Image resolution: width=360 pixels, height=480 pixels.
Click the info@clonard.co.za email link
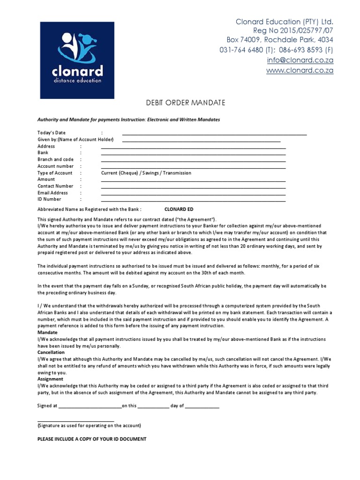[x=300, y=60]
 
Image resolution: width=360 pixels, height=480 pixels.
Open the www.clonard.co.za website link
[x=300, y=71]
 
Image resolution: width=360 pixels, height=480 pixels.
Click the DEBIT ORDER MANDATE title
[x=180, y=103]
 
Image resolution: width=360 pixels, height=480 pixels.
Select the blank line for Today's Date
[x=214, y=134]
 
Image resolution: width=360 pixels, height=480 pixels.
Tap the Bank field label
[x=43, y=153]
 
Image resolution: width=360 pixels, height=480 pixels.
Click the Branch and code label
[x=55, y=159]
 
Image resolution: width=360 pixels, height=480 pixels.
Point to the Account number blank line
[x=193, y=167]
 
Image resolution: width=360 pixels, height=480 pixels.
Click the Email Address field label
[x=52, y=193]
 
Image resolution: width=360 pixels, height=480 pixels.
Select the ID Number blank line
[x=193, y=201]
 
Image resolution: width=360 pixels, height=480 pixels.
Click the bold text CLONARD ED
[x=179, y=210]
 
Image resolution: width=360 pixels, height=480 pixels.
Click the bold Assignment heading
[x=50, y=379]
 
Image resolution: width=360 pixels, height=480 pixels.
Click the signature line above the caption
[x=75, y=421]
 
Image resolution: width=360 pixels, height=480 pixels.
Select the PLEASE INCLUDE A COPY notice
[x=91, y=439]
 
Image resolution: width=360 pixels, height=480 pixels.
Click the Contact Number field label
[x=55, y=186]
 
